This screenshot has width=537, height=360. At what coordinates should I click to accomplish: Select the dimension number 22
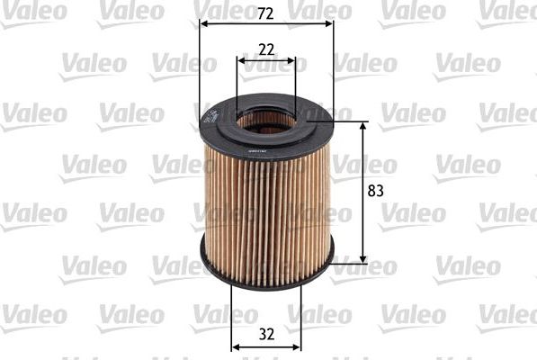pyautogui.click(x=266, y=51)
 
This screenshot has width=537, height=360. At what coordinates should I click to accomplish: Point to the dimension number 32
pyautogui.click(x=266, y=333)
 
